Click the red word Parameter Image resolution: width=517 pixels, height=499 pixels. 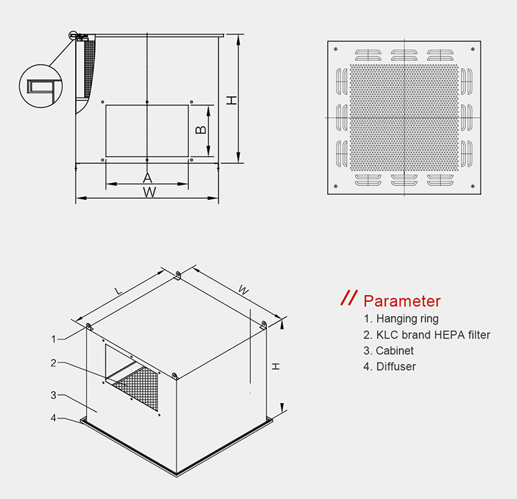(402, 301)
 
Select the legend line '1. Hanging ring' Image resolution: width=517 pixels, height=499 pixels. (401, 318)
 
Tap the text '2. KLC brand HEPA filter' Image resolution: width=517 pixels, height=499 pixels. (427, 335)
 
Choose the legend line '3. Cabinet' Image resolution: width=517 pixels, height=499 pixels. (388, 351)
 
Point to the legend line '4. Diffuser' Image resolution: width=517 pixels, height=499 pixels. (389, 367)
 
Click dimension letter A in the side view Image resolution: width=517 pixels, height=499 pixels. (148, 178)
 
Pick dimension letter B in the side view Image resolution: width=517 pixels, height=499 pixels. (201, 130)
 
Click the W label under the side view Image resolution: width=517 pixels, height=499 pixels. (150, 192)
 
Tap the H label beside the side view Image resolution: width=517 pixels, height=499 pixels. (232, 100)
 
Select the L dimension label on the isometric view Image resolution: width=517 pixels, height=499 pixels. (118, 291)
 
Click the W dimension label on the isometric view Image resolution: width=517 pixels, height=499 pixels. (243, 290)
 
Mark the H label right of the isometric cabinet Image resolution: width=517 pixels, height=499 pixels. (276, 366)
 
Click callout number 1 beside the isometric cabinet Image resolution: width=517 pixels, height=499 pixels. (54, 339)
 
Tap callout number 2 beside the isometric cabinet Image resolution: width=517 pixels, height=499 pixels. (53, 363)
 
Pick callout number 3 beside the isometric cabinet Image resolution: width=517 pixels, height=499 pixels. (53, 395)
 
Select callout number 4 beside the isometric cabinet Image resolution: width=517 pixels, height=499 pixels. (53, 418)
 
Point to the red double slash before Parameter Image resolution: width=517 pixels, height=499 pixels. (349, 298)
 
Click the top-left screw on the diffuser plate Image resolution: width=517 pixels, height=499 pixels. (336, 49)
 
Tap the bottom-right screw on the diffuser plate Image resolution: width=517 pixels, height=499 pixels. (473, 186)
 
